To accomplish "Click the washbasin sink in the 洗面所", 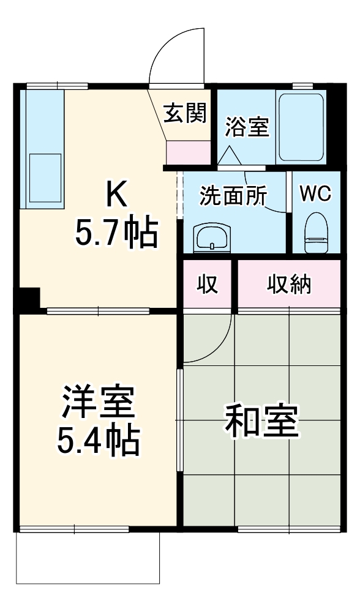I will click(211, 238).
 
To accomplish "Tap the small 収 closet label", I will click(208, 285).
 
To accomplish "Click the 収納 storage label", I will click(288, 285).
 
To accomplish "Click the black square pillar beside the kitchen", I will click(28, 299).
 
